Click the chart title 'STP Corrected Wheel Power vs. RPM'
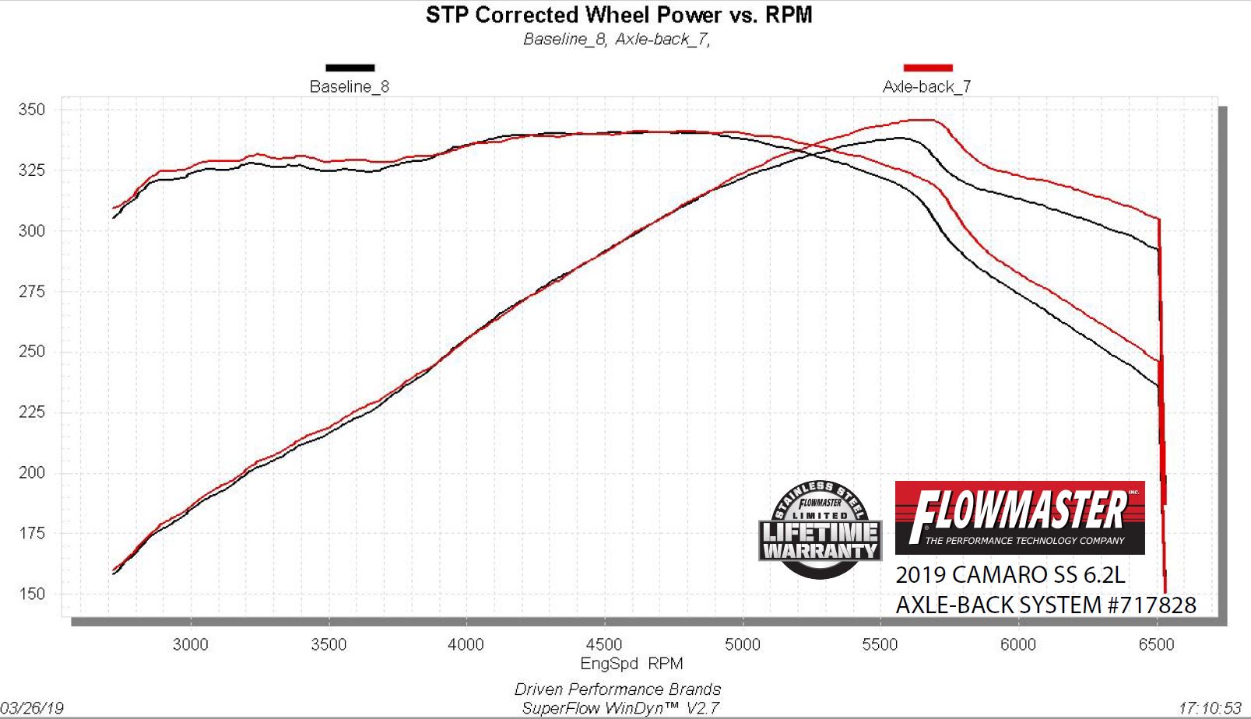[619, 15]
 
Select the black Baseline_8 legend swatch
[350, 68]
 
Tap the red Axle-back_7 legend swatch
[927, 68]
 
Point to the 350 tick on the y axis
[32, 110]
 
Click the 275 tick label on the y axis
[32, 292]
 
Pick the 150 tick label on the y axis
[32, 594]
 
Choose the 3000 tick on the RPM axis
[191, 644]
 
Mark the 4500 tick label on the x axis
[604, 644]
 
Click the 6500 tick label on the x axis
[1156, 644]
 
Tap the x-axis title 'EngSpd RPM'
[631, 664]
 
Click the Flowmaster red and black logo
[1020, 517]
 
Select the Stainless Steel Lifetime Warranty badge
[820, 530]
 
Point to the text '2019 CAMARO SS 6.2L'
[1010, 575]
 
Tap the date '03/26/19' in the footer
[32, 707]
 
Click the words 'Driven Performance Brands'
[617, 689]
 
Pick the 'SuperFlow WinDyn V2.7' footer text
[620, 708]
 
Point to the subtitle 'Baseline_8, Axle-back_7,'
[617, 39]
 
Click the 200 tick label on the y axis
[32, 472]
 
